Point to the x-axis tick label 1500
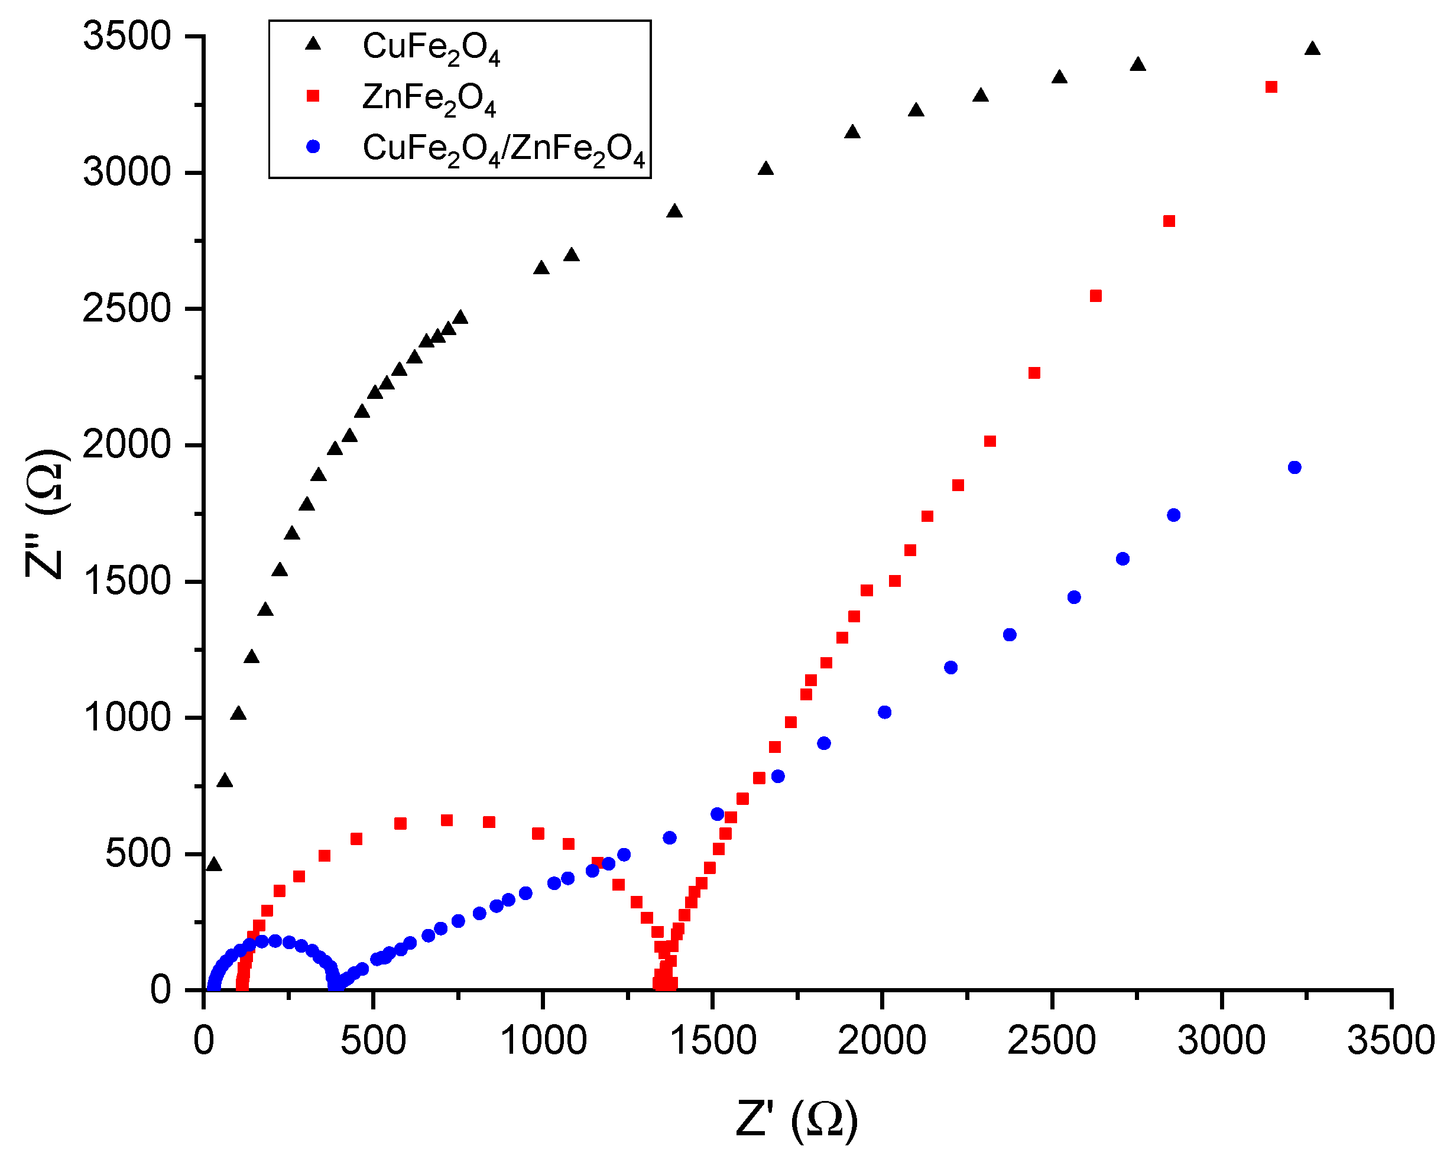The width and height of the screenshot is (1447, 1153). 712,1041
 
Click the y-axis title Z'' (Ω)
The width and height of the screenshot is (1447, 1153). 46,514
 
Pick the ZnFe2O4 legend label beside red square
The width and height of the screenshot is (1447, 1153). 429,99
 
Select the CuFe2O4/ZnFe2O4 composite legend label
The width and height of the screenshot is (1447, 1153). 504,149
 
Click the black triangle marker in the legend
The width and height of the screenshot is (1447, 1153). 313,44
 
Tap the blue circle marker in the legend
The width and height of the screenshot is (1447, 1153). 313,147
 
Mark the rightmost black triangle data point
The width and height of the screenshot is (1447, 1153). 1312,48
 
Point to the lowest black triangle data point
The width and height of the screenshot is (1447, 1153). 213,865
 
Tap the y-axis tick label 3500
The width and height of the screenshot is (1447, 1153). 126,36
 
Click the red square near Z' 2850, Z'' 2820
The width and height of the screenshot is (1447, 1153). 1169,222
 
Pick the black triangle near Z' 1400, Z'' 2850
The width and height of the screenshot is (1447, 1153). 674,212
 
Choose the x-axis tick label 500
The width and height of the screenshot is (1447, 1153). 372,1041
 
